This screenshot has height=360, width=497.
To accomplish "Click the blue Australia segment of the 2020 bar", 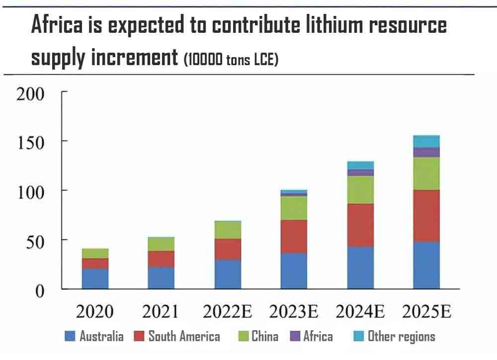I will click(95, 278).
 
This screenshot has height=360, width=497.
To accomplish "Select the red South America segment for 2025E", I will click(426, 216).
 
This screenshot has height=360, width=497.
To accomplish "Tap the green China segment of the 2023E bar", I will click(294, 208).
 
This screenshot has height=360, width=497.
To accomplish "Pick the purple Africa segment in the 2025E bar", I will click(426, 152).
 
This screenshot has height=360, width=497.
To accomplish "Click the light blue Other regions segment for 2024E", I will click(360, 165).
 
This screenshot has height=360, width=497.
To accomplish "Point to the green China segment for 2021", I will click(161, 244).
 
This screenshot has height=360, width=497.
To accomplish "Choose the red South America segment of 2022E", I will click(228, 249).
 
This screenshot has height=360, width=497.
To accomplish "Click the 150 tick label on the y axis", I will click(31, 142).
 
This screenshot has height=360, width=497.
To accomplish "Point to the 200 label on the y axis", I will click(31, 93).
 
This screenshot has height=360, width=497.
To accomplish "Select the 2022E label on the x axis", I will click(228, 312).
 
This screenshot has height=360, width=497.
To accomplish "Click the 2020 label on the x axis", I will click(95, 312).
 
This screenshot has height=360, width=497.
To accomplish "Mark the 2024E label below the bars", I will click(360, 312).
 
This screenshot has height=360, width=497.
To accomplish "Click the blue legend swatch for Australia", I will click(70, 337).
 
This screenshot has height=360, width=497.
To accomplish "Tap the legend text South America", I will click(184, 337).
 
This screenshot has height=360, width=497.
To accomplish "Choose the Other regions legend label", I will click(401, 337).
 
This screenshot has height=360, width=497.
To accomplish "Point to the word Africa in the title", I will click(57, 25).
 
